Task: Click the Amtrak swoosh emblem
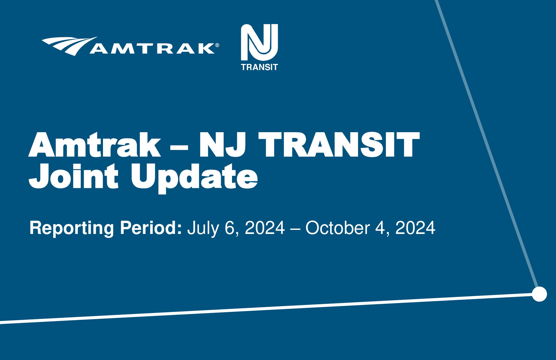pos(68,46)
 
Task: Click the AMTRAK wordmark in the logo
pos(152,48)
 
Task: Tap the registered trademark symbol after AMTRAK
pos(217,45)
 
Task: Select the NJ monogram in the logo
pos(259,42)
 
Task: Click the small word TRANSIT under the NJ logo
pos(259,67)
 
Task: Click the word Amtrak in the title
pos(95,145)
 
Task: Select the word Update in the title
pos(194,178)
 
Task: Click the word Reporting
pos(72,228)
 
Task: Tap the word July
pos(203,228)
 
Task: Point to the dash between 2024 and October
pos(295,228)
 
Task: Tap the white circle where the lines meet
pos(539,294)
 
